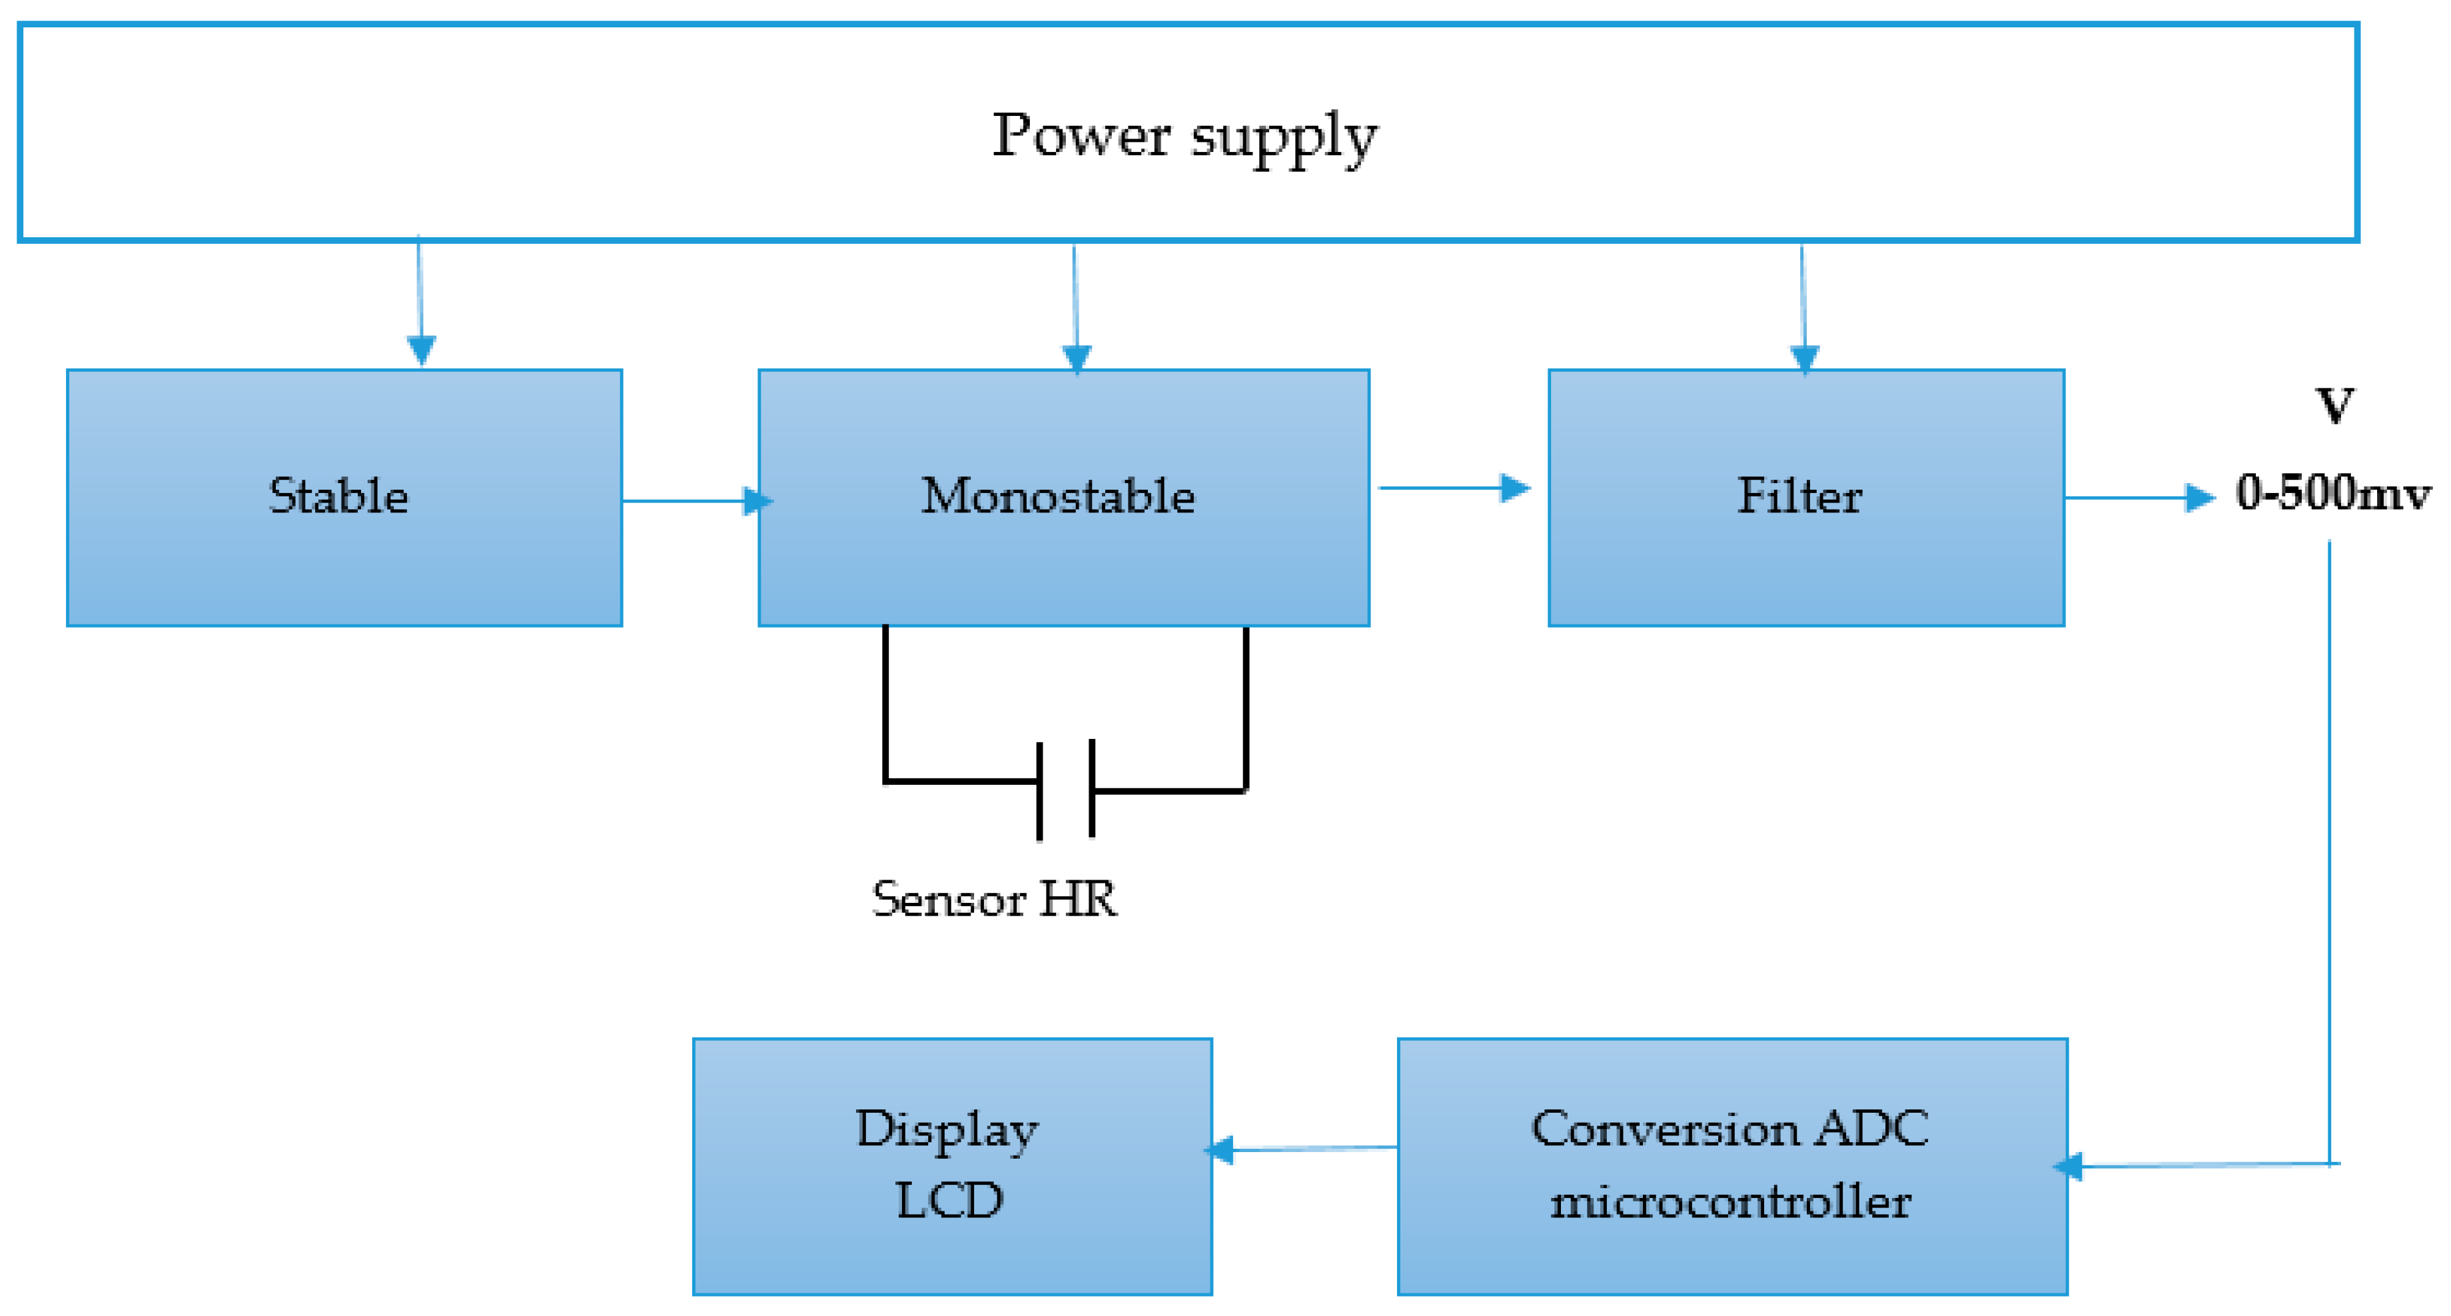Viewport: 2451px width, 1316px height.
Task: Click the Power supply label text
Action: point(1185,136)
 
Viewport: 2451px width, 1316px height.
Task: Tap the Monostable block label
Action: point(1057,496)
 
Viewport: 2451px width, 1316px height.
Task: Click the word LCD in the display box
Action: point(949,1200)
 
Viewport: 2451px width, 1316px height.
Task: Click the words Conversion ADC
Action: point(1729,1129)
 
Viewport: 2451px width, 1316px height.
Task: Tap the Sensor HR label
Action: point(994,900)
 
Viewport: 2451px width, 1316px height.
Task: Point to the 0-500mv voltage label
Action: point(2332,493)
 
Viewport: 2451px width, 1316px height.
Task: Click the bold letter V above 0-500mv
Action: point(2334,406)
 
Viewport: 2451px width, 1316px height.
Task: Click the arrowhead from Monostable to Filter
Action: point(1515,488)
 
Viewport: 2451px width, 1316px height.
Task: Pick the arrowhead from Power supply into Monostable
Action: point(1076,358)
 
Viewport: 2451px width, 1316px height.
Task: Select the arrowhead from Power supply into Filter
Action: point(1804,358)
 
